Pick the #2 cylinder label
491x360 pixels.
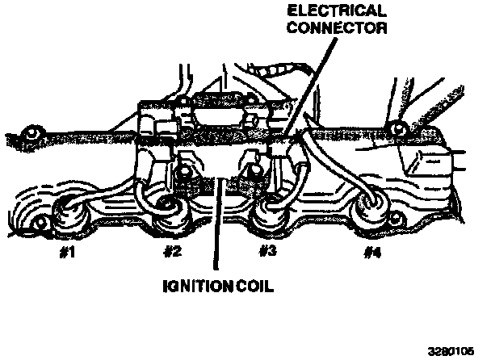(171, 251)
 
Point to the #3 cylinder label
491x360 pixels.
(268, 251)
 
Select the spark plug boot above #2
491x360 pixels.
(170, 208)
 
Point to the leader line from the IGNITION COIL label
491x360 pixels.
(216, 234)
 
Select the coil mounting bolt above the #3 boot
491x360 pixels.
(250, 171)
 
